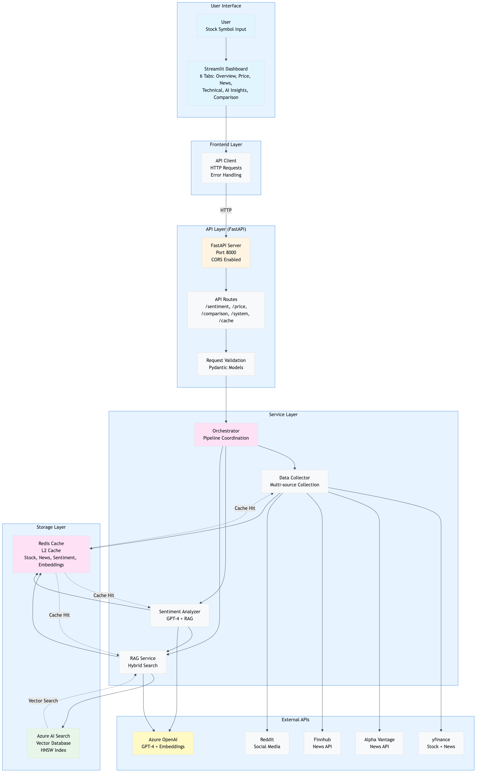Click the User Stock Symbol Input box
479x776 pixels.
[226, 26]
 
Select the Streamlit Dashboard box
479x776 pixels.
[226, 83]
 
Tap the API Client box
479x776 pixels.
[226, 168]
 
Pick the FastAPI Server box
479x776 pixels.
[226, 252]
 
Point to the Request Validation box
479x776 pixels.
[226, 364]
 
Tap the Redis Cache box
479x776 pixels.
[51, 554]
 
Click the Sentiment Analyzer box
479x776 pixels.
[180, 615]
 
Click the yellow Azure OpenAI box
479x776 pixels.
[163, 743]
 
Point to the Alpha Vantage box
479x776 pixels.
[379, 743]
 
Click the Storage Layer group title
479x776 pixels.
[51, 527]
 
